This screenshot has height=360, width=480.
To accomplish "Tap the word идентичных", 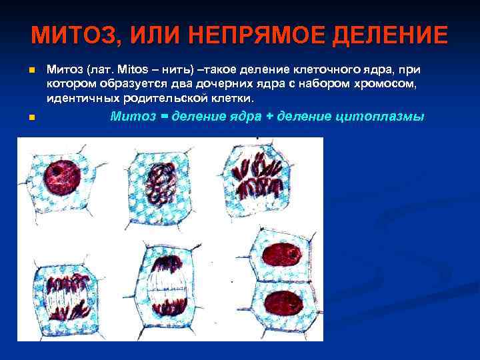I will pyautogui.click(x=79, y=99).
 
